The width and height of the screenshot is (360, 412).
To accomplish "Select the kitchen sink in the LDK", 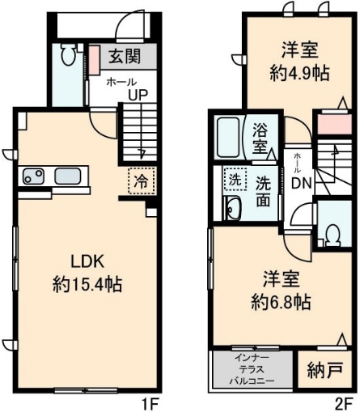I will point(67,177).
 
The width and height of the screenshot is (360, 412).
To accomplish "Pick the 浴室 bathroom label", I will point(260,138).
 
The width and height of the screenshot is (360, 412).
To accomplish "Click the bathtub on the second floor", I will point(229,138).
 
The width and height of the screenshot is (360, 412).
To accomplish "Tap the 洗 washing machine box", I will point(232,178).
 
